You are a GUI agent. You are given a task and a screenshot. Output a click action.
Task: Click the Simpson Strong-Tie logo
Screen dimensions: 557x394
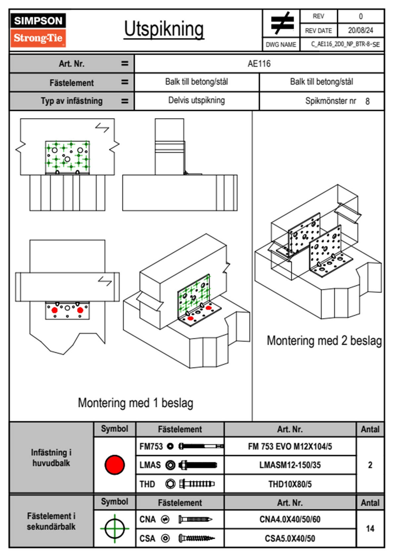coord(38,30)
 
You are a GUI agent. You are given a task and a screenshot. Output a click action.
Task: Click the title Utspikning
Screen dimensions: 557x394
coord(164,29)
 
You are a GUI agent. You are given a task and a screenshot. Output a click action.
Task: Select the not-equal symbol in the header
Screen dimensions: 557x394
coord(282,23)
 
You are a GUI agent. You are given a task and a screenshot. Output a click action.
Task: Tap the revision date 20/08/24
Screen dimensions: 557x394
coord(360,30)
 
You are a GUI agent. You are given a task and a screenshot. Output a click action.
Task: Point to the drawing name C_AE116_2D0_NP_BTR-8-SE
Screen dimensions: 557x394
coord(345,44)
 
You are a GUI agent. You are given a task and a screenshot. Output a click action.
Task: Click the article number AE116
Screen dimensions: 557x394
coord(259,64)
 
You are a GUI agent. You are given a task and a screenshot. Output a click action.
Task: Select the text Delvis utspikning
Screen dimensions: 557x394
coord(196,100)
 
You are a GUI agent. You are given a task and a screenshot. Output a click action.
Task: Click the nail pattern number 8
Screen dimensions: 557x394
coord(368,101)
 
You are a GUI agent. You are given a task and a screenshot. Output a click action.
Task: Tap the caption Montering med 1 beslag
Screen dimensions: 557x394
coord(135,403)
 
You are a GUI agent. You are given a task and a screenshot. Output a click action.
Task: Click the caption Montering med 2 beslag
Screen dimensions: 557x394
coord(324,341)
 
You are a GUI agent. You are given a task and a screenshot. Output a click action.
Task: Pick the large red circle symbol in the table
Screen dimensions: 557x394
coord(115,465)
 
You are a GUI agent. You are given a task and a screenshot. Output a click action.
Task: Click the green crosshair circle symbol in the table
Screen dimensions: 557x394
coord(115,529)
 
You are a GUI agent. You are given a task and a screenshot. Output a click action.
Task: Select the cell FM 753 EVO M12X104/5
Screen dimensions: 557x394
coord(290,447)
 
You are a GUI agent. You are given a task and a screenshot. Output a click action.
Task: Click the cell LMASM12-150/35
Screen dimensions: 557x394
coord(290,465)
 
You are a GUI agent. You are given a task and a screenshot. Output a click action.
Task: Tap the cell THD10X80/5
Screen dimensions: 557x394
coord(290,484)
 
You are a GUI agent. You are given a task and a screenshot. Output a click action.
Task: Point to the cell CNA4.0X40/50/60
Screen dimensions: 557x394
coord(290,519)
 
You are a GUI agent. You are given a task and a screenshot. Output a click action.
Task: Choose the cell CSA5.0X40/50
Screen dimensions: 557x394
coord(290,538)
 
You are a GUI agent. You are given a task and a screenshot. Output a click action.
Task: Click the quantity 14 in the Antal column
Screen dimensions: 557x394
coord(370,529)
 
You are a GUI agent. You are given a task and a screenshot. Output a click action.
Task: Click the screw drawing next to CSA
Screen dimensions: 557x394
coord(196,538)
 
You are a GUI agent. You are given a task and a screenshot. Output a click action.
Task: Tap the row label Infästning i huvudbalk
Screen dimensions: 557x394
coord(51,458)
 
